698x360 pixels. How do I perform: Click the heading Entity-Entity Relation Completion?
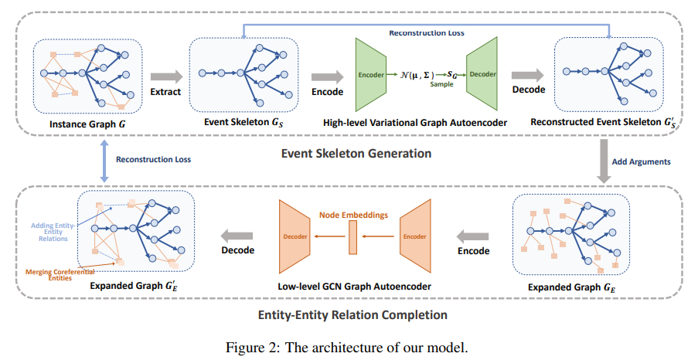[x=354, y=314]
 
